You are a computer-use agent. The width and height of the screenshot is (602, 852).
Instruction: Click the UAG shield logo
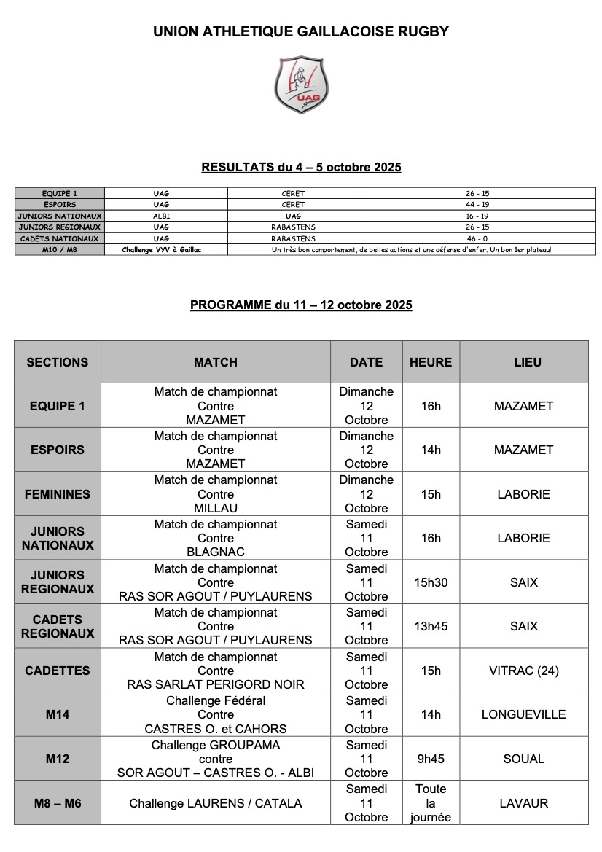(301, 85)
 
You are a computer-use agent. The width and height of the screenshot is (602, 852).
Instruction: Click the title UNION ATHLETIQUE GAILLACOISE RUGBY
(301, 32)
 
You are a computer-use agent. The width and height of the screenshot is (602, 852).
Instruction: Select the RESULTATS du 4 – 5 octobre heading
(301, 168)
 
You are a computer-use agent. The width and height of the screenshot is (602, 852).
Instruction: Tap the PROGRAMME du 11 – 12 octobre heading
(301, 305)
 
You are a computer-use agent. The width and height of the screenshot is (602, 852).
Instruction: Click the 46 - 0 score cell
(477, 238)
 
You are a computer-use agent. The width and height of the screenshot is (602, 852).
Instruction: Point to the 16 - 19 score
(477, 216)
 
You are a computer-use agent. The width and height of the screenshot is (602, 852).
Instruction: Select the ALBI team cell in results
(161, 216)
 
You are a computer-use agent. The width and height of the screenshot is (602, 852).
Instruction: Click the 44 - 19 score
(477, 205)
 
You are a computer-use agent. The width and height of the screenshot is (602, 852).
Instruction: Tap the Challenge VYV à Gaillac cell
(161, 250)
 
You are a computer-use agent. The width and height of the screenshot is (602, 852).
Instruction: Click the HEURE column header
(431, 362)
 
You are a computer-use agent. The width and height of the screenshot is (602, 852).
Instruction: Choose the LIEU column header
(523, 362)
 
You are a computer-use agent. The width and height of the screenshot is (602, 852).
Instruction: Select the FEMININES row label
(58, 494)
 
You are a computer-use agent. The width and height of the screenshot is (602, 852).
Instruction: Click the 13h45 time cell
(431, 626)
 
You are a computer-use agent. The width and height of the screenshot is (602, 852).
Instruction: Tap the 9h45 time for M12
(431, 759)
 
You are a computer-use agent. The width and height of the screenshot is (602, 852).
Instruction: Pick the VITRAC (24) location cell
(523, 671)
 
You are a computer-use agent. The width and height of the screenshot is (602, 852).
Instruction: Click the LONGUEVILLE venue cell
(523, 714)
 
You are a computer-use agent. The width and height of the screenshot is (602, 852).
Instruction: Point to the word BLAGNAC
(216, 552)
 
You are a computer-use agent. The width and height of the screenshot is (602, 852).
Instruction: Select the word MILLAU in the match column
(216, 508)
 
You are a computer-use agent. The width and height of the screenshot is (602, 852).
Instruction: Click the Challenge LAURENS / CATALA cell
(216, 803)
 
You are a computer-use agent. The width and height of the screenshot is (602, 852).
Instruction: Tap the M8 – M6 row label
(58, 803)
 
